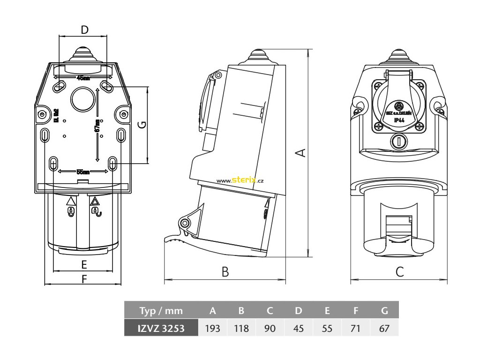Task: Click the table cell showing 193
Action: [x=213, y=328]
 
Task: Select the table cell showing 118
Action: [x=241, y=328]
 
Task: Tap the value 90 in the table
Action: [x=270, y=328]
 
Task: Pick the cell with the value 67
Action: [x=384, y=328]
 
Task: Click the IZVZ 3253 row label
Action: [x=161, y=328]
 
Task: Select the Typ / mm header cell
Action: [x=161, y=310]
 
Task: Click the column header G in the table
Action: [x=384, y=310]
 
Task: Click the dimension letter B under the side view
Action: [x=225, y=272]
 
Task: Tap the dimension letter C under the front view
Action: [x=399, y=272]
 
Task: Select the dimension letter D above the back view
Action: [x=84, y=30]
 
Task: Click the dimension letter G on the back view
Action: [x=142, y=125]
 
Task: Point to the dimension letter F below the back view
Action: [x=84, y=279]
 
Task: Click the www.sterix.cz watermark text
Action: [x=242, y=180]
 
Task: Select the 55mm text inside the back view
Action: [x=83, y=172]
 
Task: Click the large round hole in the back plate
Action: [x=83, y=98]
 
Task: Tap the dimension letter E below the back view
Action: [x=84, y=264]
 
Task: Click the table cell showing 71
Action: [x=355, y=328]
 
